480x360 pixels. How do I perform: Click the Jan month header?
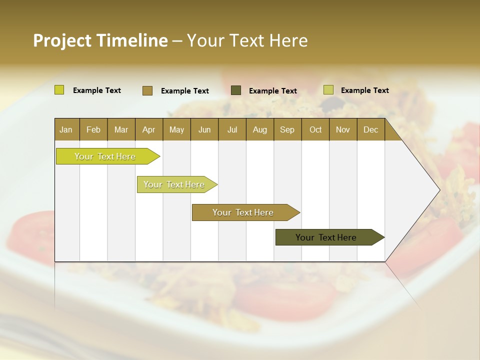[x=66, y=129]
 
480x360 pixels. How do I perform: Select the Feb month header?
[x=93, y=129]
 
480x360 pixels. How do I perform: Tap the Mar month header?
[x=121, y=129]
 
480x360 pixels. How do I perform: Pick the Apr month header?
[x=149, y=129]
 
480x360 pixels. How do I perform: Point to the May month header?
[x=176, y=129]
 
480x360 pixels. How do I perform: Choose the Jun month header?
[x=204, y=129]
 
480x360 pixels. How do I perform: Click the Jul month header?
[x=232, y=129]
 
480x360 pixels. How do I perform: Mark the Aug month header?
[x=260, y=129]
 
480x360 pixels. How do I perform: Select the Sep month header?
[x=287, y=129]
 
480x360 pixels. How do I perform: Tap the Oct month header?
[x=315, y=129]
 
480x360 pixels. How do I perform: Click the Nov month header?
[x=343, y=129]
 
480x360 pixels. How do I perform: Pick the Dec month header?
[x=371, y=129]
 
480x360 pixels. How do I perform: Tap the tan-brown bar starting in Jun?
[x=243, y=212]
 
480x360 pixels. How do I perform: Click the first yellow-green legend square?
[x=59, y=90]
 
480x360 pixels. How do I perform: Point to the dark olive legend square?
[x=236, y=90]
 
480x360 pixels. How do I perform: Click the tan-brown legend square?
[x=147, y=90]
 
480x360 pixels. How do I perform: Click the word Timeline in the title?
[x=132, y=40]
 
